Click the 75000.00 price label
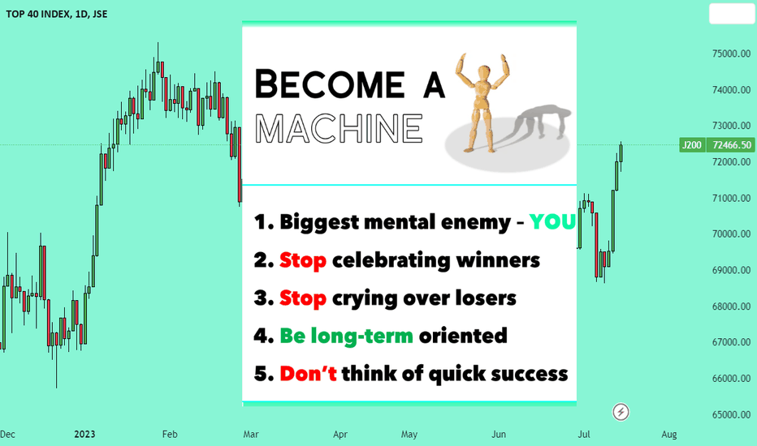point(731,54)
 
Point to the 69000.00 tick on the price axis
point(731,270)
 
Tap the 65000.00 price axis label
point(731,414)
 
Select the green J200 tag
point(692,144)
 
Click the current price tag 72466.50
point(731,144)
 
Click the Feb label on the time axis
point(170,435)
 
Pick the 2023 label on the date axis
point(84,435)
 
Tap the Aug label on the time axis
point(668,435)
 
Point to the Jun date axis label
point(499,435)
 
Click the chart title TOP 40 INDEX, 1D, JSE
point(57,14)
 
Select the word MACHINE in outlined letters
point(339,129)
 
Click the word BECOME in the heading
point(330,84)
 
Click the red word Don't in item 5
point(308,374)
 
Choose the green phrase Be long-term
point(346,336)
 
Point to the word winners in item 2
point(498,260)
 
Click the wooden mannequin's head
point(483,73)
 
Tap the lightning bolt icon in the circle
point(621,412)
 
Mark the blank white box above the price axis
point(731,14)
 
